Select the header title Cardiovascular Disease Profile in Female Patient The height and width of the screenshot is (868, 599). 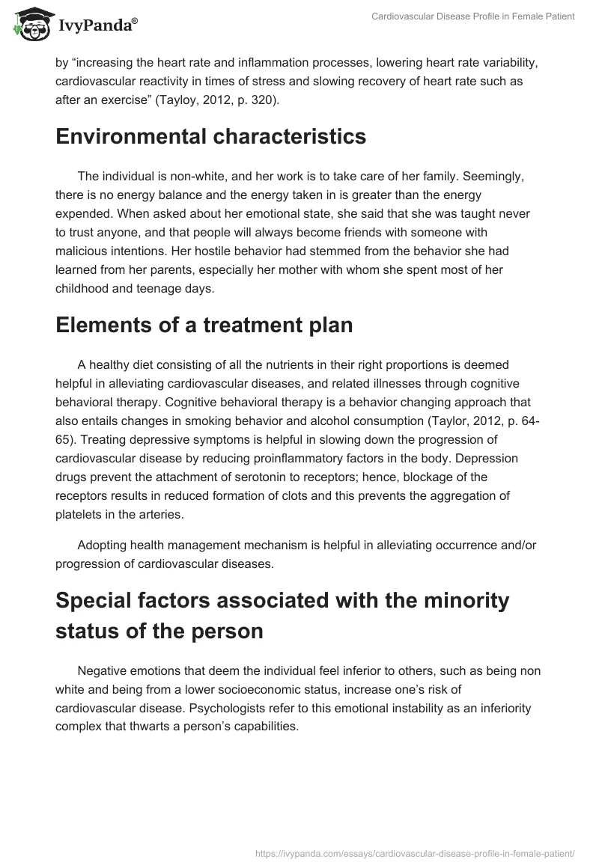pos(473,17)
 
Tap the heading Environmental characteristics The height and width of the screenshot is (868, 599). pos(210,137)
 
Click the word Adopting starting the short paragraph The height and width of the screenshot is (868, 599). pos(103,547)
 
